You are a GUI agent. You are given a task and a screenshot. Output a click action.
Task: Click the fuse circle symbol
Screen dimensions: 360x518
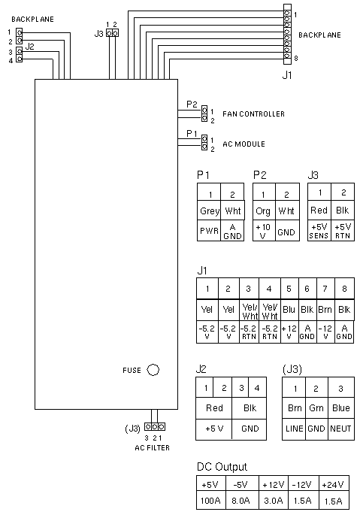coord(153,370)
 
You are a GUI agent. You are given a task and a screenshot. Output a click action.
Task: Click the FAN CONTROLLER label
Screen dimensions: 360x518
coord(253,114)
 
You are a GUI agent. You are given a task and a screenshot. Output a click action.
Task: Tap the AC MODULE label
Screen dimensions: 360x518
coord(244,144)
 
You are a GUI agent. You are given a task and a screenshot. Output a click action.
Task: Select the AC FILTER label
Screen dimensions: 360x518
coord(152,447)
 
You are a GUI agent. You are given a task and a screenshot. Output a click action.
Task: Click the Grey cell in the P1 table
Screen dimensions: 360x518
coord(209,211)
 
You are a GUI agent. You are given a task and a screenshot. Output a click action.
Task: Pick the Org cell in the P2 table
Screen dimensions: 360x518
coord(264,211)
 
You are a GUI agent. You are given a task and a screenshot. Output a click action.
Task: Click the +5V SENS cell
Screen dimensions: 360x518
coord(319,231)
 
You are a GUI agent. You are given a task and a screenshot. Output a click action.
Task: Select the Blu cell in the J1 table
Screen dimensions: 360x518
coord(289,310)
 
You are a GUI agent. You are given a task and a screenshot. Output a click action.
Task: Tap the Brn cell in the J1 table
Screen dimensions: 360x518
coord(325,310)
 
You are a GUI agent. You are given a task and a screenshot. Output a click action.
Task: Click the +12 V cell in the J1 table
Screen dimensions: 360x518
coord(289,332)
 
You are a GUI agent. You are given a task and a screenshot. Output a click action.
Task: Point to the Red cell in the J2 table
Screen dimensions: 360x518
coord(214,408)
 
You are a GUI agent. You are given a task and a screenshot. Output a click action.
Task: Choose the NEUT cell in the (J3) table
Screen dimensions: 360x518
coord(341,429)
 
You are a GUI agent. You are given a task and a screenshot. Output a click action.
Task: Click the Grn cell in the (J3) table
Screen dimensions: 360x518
coord(316,408)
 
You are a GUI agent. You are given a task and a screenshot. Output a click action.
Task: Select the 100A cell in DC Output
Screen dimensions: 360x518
coord(210,501)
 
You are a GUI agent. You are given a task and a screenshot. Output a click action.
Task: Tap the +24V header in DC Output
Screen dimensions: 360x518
coord(333,485)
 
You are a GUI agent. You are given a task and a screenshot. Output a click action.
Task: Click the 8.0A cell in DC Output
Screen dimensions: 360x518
coord(241,501)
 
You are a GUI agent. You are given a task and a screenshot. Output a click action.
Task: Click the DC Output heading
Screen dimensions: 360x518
coord(222,466)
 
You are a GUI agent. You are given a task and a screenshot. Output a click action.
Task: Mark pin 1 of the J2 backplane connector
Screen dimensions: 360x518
coord(19,32)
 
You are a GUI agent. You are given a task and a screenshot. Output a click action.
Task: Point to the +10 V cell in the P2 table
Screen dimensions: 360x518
coord(264,231)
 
